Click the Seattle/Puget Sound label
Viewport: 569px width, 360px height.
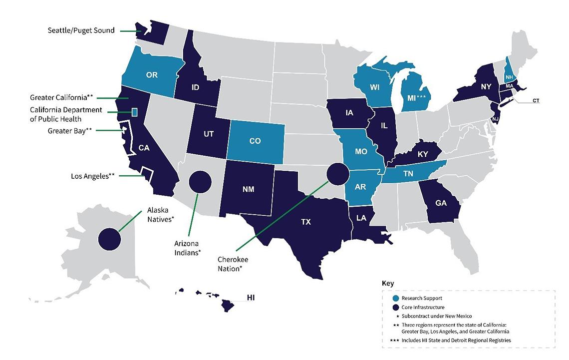81,30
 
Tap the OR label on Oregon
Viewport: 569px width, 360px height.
152,75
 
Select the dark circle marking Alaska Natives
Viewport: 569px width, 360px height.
109,239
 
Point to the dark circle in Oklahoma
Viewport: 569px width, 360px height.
338,174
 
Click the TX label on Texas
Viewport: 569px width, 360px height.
306,222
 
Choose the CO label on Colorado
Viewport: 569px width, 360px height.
255,141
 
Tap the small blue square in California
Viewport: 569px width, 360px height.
134,112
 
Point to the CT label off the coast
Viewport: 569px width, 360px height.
536,100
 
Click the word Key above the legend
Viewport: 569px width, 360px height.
388,283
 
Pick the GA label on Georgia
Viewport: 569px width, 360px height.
441,203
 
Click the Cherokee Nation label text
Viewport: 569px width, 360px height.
233,264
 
